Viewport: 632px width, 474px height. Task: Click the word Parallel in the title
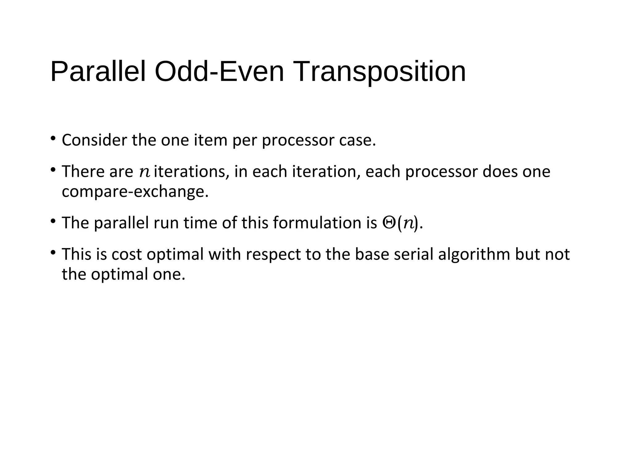(98, 72)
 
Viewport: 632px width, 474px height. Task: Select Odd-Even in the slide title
(219, 72)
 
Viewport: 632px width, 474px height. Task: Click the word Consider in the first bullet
(94, 140)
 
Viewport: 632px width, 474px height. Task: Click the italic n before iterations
(144, 172)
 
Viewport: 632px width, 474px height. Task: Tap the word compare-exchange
(135, 192)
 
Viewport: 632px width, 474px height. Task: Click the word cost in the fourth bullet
(127, 254)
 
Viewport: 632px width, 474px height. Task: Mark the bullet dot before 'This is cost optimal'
(53, 253)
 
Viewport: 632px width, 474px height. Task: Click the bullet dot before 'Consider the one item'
(53, 138)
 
